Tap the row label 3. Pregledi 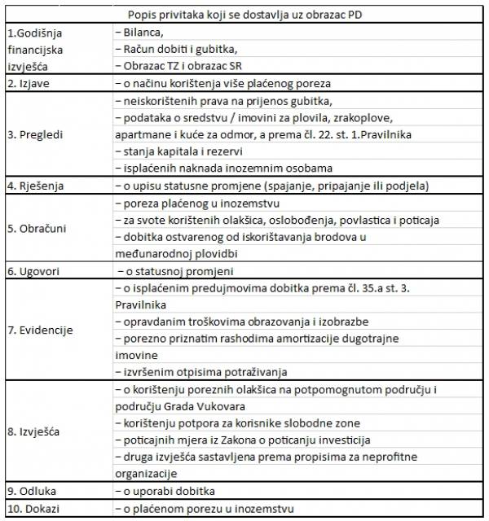click(37, 134)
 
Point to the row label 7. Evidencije click(41, 330)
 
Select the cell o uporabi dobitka click(168, 492)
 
